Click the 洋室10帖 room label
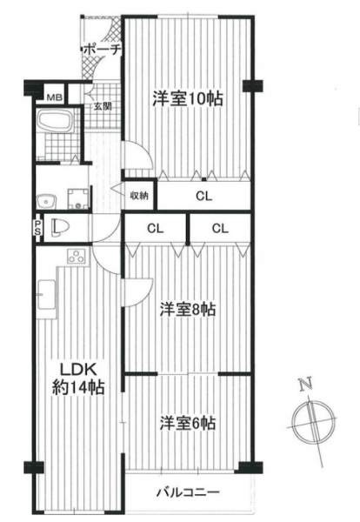pos(188,98)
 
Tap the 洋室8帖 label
pos(188,310)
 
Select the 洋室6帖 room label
pos(188,424)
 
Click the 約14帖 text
pos(78,387)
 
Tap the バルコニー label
pos(189,492)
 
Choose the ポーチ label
pos(101,50)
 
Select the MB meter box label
pos(55,97)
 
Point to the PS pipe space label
pos(38,228)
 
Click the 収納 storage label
pos(139,196)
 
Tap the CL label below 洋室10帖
pos(203,197)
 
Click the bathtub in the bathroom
pos(56,122)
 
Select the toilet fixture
pos(61,228)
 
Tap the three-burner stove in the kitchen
pos(77,256)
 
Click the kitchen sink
pos(47,295)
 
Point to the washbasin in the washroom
pos(47,202)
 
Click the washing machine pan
pos(78,199)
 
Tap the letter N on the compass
pos(306,385)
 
